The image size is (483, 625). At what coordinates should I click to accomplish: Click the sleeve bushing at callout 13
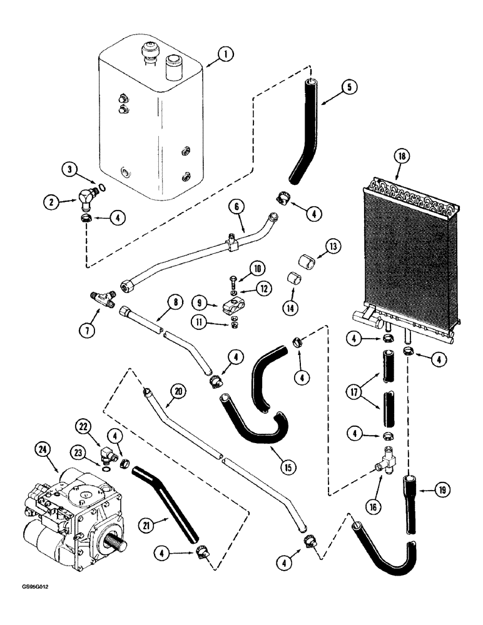(295, 256)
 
